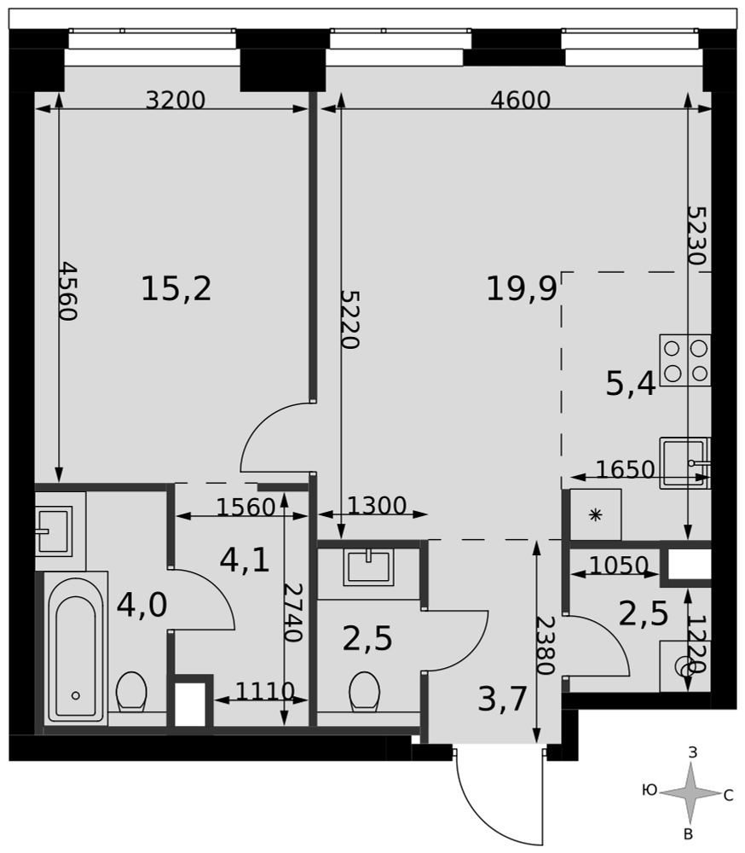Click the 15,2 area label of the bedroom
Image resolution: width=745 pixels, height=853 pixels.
(176, 288)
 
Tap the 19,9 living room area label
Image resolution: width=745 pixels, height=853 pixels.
(521, 288)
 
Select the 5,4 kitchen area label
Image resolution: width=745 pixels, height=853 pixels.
(631, 386)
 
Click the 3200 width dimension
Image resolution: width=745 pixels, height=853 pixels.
(176, 100)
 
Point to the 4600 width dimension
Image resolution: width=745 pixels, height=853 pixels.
(521, 100)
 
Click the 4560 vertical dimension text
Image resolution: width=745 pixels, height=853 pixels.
(68, 291)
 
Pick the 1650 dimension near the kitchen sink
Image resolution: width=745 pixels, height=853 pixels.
(626, 469)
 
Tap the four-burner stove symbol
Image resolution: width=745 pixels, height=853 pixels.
(685, 360)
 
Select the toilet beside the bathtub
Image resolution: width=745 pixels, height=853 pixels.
(131, 692)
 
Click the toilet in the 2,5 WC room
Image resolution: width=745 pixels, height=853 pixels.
(364, 692)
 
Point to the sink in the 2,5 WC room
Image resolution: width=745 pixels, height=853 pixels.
(369, 567)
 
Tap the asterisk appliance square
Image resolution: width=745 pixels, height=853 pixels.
(596, 514)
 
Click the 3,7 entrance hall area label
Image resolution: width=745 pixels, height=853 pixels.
(502, 699)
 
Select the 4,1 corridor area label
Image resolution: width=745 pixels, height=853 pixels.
(245, 560)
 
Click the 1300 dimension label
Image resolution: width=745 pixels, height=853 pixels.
(377, 506)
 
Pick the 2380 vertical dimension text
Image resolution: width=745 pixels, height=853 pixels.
(545, 646)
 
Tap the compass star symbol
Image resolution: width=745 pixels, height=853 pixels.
(690, 792)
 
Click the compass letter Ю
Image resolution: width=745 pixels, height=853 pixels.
(650, 790)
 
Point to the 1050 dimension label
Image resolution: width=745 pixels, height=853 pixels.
(619, 566)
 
